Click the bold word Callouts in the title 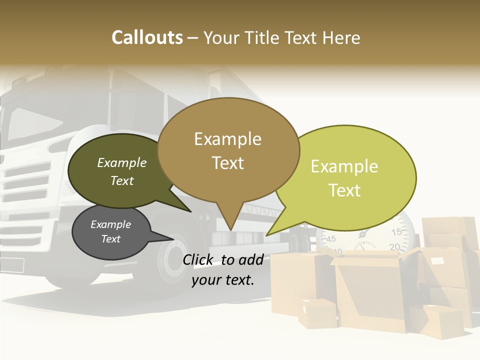tap(147, 37)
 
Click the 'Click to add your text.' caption tap(222, 270)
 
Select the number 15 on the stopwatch tap(396, 232)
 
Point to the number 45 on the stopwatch tap(331, 239)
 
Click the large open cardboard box tap(367, 290)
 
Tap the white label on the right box tap(437, 261)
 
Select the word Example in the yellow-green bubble tap(344, 166)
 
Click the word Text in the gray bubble tap(111, 239)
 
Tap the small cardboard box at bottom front tap(318, 313)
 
